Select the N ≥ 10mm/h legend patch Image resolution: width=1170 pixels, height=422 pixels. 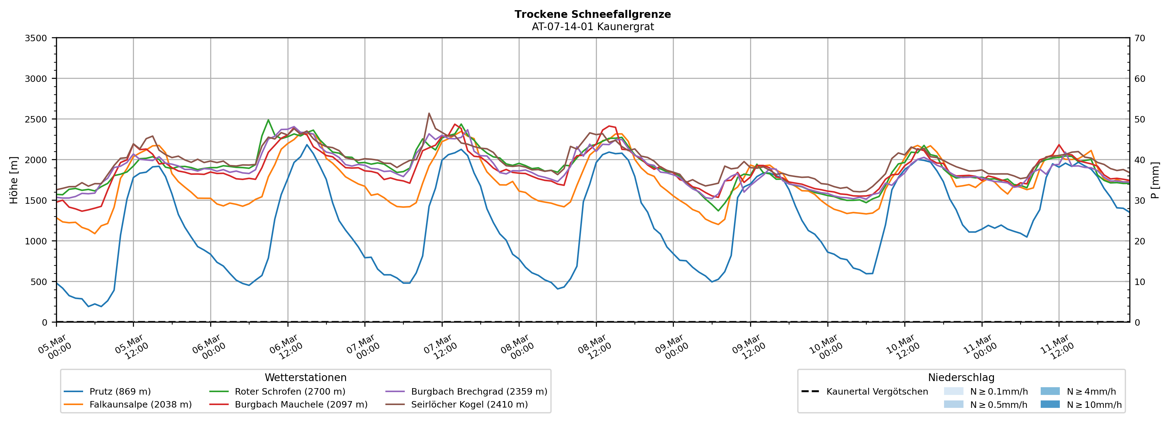tap(1050, 404)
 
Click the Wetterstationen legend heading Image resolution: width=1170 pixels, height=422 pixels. tap(305, 377)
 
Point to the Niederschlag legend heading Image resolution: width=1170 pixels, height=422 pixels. tap(961, 377)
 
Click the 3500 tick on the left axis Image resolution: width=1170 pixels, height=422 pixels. tap(36, 38)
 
